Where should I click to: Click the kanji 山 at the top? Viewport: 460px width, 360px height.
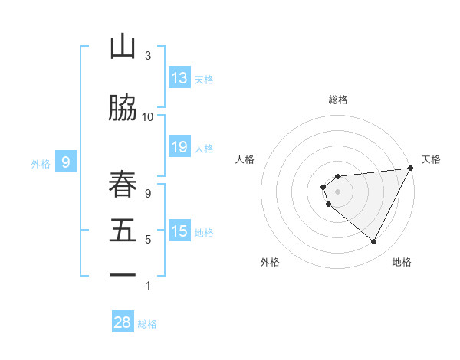coord(123,48)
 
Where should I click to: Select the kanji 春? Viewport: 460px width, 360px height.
coord(123,184)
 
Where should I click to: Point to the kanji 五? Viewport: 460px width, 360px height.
coord(123,232)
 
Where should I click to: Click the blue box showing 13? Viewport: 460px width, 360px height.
coord(179,78)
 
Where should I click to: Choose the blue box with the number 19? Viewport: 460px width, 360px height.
coord(179,148)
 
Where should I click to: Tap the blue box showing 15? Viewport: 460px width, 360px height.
coord(179,232)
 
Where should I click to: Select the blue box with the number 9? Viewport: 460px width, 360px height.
coord(66,162)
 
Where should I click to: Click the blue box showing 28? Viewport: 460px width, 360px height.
coord(122,322)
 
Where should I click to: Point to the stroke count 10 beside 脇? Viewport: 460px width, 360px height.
coord(148,116)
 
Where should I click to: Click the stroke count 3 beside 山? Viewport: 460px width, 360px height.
coord(148,56)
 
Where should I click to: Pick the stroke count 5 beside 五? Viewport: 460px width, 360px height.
coord(148,240)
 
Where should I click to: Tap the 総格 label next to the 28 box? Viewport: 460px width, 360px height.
coord(148,324)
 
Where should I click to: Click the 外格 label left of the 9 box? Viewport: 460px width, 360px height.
coord(41,163)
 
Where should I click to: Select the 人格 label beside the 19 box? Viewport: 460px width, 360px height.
coord(204,149)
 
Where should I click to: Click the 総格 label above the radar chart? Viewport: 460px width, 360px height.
coord(338,100)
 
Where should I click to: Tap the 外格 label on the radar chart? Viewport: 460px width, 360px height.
coord(270,262)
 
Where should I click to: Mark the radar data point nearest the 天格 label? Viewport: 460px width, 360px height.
coord(410,169)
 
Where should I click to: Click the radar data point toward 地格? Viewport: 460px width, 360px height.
coord(373,242)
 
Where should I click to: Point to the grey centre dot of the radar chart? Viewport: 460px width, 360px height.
coord(338,191)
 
